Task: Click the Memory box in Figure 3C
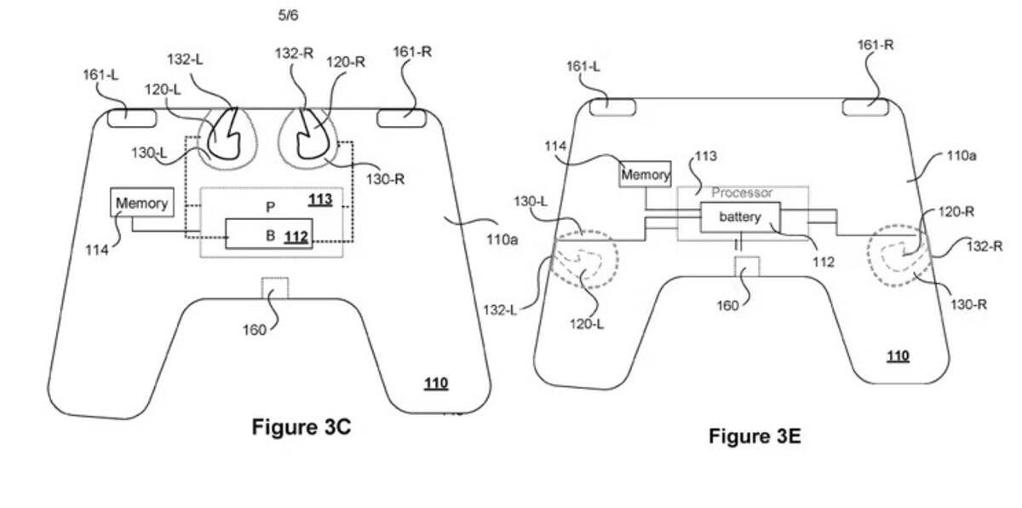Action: coord(142,202)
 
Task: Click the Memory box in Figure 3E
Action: coord(645,174)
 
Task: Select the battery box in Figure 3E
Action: coord(740,217)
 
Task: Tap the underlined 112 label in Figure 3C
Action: coord(296,236)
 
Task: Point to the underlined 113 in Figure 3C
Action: coord(320,199)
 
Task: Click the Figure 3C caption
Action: coord(301,427)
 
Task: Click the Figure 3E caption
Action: coord(755,436)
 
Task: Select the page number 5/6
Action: coord(289,15)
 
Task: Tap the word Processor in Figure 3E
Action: coord(742,193)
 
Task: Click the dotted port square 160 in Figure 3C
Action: coord(274,288)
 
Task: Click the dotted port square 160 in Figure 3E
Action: coord(747,267)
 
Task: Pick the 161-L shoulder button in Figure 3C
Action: coord(132,118)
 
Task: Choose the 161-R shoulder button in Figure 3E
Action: coord(865,107)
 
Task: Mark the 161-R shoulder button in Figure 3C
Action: coord(401,118)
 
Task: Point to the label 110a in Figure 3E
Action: coord(962,156)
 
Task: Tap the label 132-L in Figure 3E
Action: coord(500,310)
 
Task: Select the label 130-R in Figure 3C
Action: coord(385,179)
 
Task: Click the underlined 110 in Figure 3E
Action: coord(898,356)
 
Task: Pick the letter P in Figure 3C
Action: coord(271,208)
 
